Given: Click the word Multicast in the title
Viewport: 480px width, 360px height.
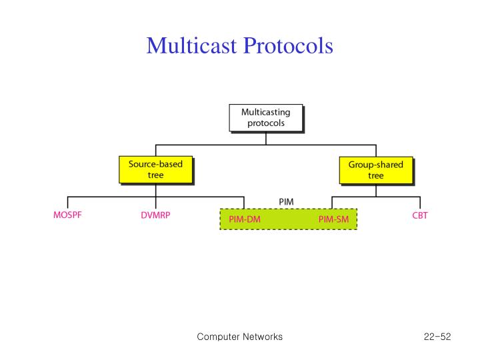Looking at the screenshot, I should [195, 45].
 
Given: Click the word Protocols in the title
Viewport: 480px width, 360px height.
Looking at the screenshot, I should [290, 45].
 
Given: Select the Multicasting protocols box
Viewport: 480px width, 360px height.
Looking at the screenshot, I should [265, 117].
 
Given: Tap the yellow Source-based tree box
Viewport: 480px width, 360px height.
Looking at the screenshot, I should [155, 169].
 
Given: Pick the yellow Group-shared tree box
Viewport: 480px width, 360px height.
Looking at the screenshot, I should [375, 169].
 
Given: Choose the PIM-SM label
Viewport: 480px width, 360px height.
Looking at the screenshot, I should [333, 219].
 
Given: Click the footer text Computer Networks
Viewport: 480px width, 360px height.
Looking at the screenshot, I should [239, 337].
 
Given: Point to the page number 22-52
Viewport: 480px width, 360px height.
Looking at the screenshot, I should [437, 337].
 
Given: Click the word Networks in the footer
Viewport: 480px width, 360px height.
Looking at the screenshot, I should [261, 337].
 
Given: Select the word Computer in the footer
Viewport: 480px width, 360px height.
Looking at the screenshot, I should [217, 337].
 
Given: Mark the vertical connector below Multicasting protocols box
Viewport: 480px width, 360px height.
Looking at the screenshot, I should [265, 138].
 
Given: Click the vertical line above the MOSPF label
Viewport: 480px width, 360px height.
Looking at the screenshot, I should [68, 203].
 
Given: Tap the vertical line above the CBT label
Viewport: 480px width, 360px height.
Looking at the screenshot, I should [420, 203].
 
